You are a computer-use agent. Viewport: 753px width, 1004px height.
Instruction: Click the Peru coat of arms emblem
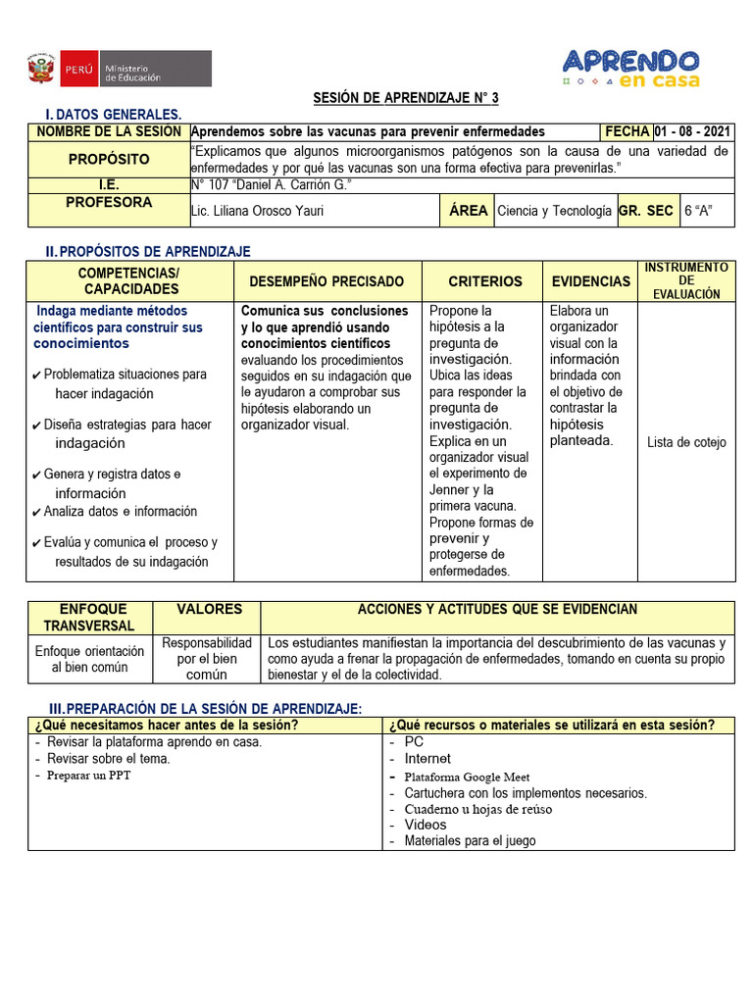[40, 69]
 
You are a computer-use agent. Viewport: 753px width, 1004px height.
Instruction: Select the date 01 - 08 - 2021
[693, 131]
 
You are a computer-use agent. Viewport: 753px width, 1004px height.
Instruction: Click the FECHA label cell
[627, 131]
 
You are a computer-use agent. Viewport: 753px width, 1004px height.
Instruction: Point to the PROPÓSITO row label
[108, 159]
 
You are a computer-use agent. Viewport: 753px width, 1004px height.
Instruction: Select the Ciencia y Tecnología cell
[554, 211]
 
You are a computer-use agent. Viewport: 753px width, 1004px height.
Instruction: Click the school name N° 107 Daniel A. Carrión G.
[271, 185]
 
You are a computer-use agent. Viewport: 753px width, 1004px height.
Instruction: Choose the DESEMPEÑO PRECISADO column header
[326, 281]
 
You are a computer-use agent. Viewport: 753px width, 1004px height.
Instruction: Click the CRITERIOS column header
[484, 281]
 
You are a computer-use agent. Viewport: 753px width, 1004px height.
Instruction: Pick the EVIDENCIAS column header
[590, 281]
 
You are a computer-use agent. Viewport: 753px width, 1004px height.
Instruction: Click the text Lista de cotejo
[686, 442]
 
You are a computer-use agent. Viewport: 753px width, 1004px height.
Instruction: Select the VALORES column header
[209, 610]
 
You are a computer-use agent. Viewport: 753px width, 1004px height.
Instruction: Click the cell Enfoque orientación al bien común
[89, 659]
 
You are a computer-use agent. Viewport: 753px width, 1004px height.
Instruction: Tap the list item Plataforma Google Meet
[467, 777]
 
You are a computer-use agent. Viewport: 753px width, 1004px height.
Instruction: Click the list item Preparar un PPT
[89, 775]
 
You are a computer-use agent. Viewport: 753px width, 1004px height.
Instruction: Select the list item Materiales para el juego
[470, 840]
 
